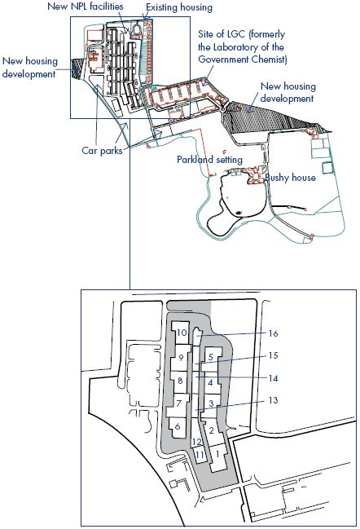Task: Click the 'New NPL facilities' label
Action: point(86,6)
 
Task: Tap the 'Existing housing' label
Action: point(179,7)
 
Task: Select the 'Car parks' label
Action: point(102,151)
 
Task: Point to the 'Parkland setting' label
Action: point(209,159)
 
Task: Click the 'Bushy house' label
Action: point(290,178)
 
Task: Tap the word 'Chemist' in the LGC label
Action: point(269,60)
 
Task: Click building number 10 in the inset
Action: point(182,333)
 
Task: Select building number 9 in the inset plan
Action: point(182,357)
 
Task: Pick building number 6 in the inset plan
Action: point(178,426)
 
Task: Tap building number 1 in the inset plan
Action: point(217,454)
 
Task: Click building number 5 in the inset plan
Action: point(211,356)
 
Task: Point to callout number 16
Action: point(273,333)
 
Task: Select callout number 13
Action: point(273,400)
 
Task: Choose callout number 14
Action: point(273,378)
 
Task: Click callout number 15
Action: point(273,355)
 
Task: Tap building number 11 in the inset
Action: point(200,455)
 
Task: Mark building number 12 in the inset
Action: point(197,442)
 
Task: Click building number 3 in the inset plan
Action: point(211,403)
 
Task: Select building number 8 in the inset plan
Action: point(180,381)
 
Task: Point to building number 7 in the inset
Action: point(179,403)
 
